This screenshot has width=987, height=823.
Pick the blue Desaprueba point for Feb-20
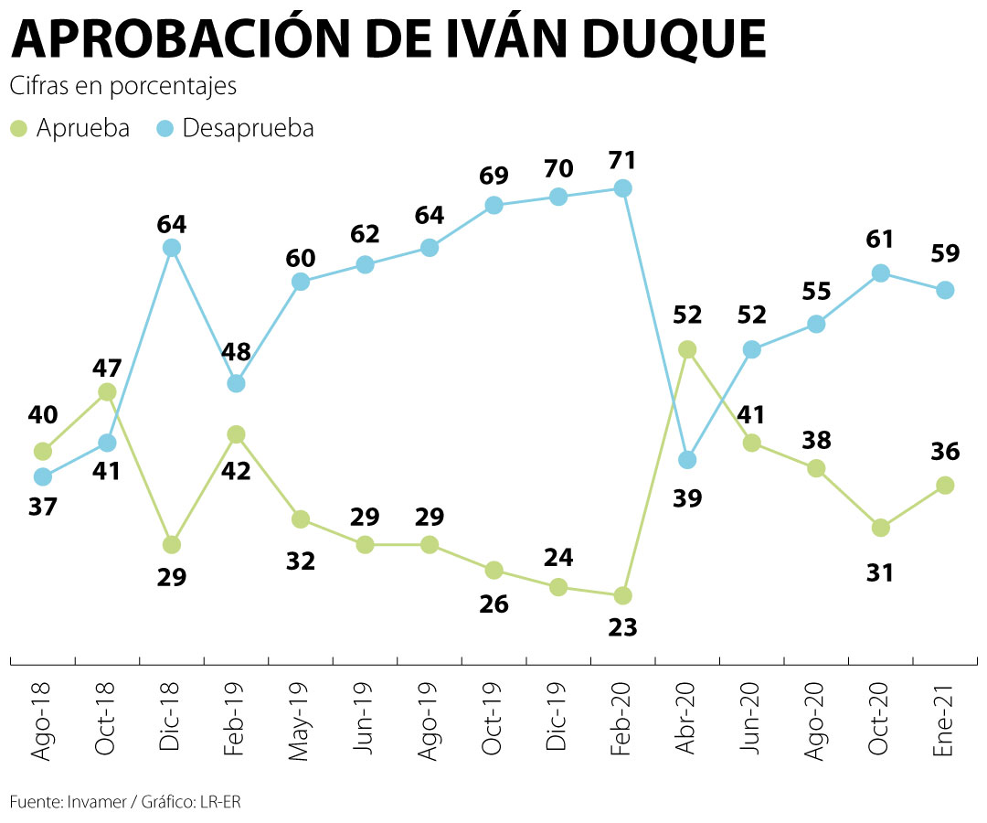click(623, 188)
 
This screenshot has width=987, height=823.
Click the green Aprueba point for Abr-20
click(687, 349)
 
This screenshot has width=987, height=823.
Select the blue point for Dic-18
click(172, 248)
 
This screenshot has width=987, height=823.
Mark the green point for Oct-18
click(107, 391)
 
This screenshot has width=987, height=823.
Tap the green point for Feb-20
click(623, 595)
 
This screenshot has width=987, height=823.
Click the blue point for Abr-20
click(687, 460)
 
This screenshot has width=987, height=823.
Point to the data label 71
click(623, 160)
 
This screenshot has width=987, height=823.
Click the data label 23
click(623, 627)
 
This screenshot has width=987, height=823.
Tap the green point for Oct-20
click(881, 528)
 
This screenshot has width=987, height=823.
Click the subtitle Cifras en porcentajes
click(123, 87)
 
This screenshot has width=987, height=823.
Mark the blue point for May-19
click(301, 282)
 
